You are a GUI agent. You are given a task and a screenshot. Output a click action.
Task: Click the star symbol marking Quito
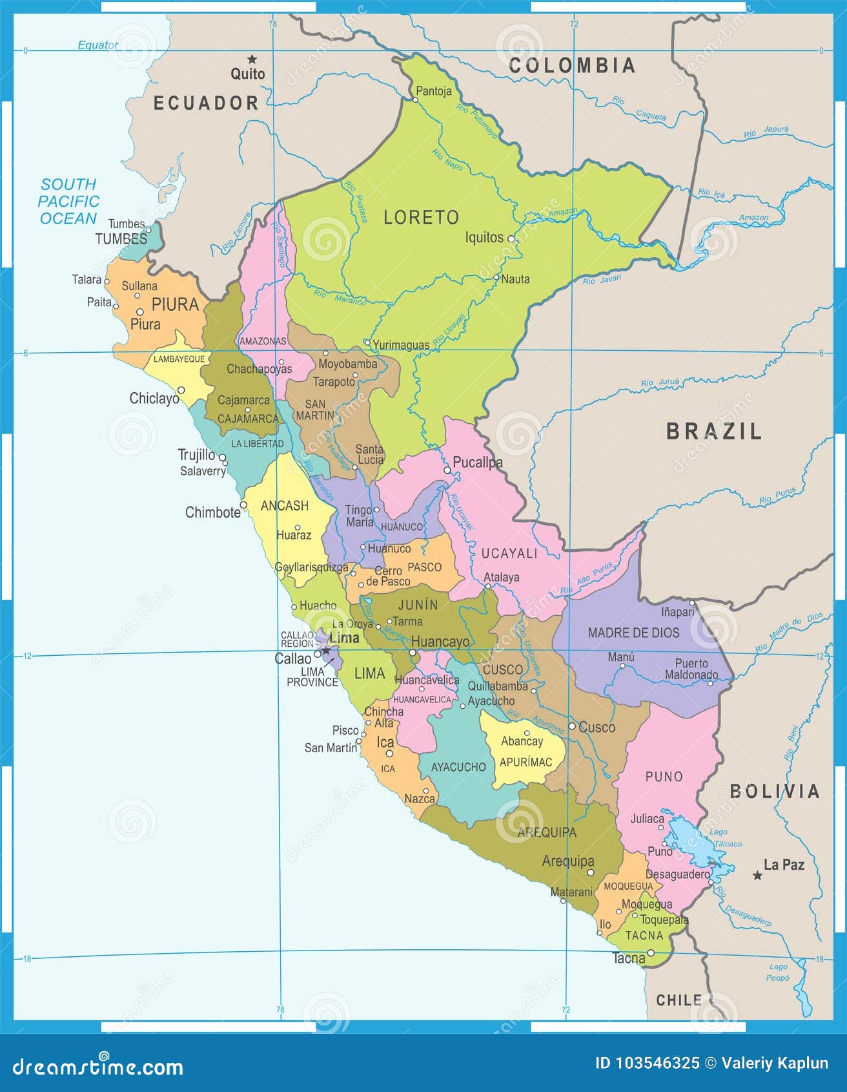pyautogui.click(x=252, y=59)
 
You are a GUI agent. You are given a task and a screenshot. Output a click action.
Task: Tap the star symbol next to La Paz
pyautogui.click(x=757, y=876)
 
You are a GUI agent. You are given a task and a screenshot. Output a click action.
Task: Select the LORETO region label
pyautogui.click(x=421, y=218)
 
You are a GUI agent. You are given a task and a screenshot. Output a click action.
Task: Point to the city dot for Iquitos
pyautogui.click(x=511, y=238)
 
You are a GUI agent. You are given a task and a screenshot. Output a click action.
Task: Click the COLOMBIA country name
pyautogui.click(x=572, y=65)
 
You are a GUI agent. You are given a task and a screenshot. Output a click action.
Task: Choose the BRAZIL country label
pyautogui.click(x=714, y=431)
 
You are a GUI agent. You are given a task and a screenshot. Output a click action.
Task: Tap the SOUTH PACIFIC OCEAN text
pyautogui.click(x=68, y=202)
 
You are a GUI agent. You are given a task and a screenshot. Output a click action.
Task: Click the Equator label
pyautogui.click(x=98, y=45)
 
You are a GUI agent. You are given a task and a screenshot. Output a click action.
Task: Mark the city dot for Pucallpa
pyautogui.click(x=447, y=470)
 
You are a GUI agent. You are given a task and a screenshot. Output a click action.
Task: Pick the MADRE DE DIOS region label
pyautogui.click(x=633, y=633)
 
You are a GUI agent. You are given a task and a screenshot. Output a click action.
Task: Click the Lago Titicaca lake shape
pyautogui.click(x=691, y=840)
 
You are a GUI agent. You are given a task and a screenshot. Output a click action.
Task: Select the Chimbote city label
pyautogui.click(x=212, y=512)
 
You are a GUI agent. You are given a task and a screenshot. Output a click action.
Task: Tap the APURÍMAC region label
pyautogui.click(x=526, y=762)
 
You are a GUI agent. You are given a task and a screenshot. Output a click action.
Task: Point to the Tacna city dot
pyautogui.click(x=651, y=952)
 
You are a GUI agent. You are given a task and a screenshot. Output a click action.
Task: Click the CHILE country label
pyautogui.click(x=679, y=1000)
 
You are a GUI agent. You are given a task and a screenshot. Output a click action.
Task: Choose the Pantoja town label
pyautogui.click(x=433, y=91)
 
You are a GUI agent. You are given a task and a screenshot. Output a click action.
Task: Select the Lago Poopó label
pyautogui.click(x=778, y=972)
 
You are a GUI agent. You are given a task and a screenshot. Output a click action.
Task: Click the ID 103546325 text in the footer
pyautogui.click(x=647, y=1063)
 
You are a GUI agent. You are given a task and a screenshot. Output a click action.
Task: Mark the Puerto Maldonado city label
pyautogui.click(x=691, y=669)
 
